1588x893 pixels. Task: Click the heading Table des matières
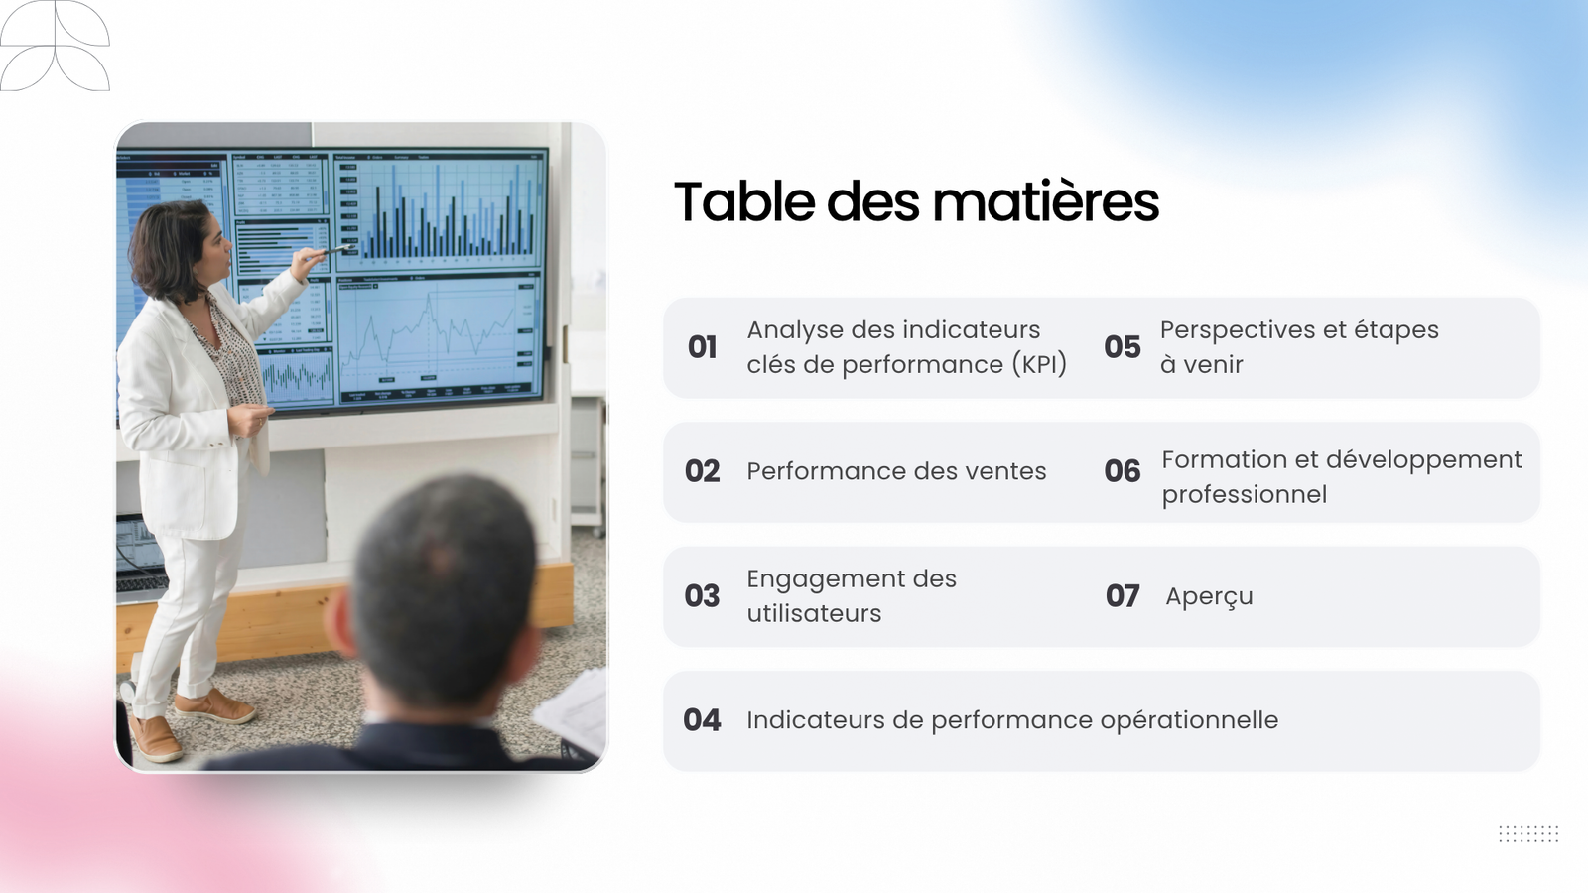(x=916, y=201)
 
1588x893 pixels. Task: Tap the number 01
(x=702, y=347)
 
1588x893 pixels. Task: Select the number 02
(x=702, y=471)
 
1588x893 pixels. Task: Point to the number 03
(x=702, y=596)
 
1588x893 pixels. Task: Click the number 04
(x=702, y=720)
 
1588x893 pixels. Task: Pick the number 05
(x=1123, y=347)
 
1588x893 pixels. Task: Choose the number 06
(x=1123, y=471)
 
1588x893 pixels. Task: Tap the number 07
(x=1123, y=596)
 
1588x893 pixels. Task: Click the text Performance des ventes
(x=896, y=471)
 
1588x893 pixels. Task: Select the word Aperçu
(x=1209, y=597)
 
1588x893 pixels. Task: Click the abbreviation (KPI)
(x=1038, y=365)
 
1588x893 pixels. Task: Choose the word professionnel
(x=1245, y=495)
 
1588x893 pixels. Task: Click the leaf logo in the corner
(x=55, y=46)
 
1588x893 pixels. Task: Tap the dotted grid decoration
(x=1528, y=833)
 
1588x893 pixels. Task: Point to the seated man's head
(x=443, y=595)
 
